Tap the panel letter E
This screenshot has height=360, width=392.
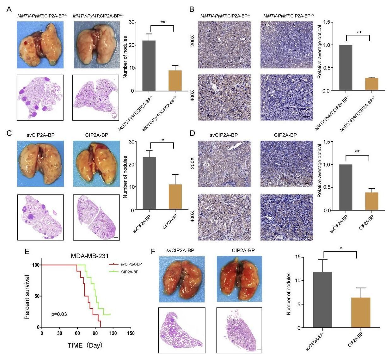pyautogui.click(x=27, y=252)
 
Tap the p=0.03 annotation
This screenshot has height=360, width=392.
pyautogui.click(x=59, y=314)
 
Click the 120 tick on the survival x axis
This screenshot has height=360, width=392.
pyautogui.click(x=113, y=333)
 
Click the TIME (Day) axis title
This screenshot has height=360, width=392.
pyautogui.click(x=85, y=345)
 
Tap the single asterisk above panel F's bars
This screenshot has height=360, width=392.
pyautogui.click(x=341, y=248)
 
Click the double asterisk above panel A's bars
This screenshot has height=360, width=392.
pyautogui.click(x=163, y=22)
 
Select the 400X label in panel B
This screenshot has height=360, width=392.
pyautogui.click(x=193, y=97)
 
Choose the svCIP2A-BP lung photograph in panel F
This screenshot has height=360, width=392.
pyautogui.click(x=182, y=279)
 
